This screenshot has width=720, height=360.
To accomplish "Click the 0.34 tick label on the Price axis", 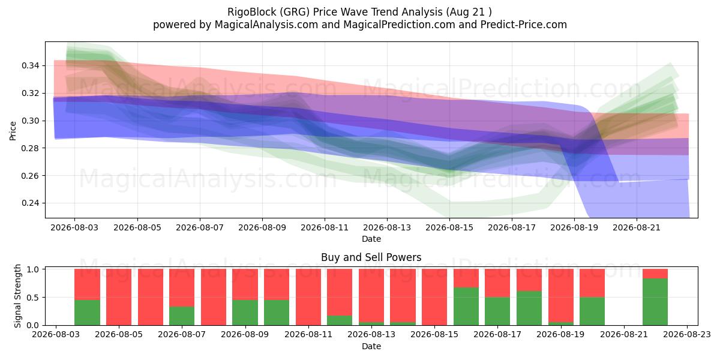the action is click(x=31, y=66).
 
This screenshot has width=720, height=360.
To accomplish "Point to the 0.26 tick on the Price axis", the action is click(x=31, y=176).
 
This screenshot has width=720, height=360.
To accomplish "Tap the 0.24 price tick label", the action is click(x=31, y=203).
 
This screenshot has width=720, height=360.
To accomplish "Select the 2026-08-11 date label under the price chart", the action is click(x=325, y=227).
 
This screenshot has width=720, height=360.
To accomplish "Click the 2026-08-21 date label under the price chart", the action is click(x=637, y=227).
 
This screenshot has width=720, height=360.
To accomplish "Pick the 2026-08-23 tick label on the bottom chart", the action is click(x=687, y=335).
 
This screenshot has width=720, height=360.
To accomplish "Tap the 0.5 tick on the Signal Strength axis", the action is click(x=33, y=298).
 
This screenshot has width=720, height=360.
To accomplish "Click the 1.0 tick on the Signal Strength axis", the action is click(x=33, y=269).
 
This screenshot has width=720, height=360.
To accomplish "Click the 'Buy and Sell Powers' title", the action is click(x=371, y=257).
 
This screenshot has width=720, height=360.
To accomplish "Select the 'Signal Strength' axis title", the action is click(x=17, y=296).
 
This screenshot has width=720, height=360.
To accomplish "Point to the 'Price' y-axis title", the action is click(x=13, y=131).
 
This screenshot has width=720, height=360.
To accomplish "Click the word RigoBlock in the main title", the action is click(x=251, y=12).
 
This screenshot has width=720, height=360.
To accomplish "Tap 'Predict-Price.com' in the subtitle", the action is click(x=524, y=25).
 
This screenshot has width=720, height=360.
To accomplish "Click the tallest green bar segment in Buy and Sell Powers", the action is click(x=655, y=302).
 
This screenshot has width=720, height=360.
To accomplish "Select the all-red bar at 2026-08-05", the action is click(x=119, y=297).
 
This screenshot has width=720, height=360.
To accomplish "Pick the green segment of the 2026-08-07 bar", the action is click(x=182, y=316).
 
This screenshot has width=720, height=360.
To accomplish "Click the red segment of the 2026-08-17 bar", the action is click(x=497, y=283).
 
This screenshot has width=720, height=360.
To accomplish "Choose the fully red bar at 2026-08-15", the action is click(x=434, y=297).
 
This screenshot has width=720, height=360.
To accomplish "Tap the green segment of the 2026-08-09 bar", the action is click(x=245, y=313).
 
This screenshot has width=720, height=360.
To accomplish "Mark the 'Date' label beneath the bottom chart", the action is click(x=371, y=346).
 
